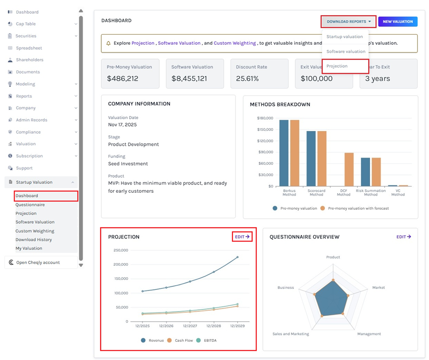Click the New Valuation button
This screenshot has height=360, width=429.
(x=398, y=21)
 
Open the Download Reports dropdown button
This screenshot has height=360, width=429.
(x=349, y=21)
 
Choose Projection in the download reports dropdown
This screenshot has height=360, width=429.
(x=337, y=66)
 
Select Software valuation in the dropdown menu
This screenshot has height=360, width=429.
(x=345, y=52)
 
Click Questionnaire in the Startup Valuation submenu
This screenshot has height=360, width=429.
(x=30, y=205)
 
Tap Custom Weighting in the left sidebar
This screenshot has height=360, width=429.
(x=35, y=231)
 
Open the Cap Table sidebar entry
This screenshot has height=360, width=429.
(x=26, y=24)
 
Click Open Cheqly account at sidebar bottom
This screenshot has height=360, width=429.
(x=38, y=263)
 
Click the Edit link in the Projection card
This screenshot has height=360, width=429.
(x=242, y=237)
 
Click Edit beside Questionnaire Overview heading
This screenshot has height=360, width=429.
(x=403, y=237)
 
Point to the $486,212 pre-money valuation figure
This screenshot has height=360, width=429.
(x=123, y=79)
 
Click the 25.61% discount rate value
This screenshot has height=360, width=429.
(x=247, y=79)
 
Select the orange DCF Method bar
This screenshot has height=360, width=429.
(x=349, y=169)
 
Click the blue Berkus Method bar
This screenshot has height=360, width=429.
(x=284, y=153)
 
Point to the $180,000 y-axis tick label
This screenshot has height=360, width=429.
(x=265, y=118)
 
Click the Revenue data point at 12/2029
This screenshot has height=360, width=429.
(x=237, y=257)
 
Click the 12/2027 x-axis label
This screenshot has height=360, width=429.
(x=190, y=326)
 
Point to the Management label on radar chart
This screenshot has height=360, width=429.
(x=369, y=334)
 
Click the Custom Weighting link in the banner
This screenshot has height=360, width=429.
(x=235, y=43)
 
